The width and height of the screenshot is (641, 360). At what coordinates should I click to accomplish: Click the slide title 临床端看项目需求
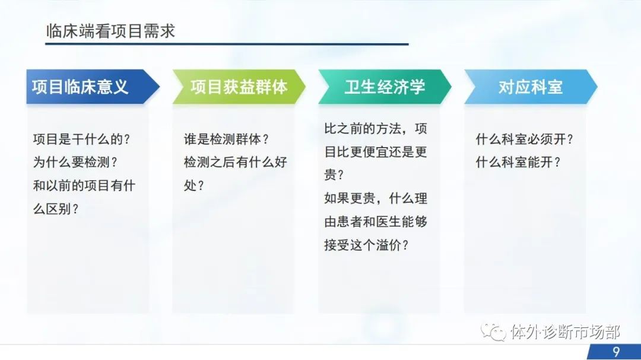[110, 31]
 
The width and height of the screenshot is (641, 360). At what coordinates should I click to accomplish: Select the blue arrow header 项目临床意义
[93, 87]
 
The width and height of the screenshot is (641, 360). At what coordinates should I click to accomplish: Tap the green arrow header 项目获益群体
[239, 87]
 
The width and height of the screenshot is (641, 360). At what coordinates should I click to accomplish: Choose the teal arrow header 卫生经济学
[385, 87]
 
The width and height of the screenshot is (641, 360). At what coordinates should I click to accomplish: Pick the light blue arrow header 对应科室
[531, 87]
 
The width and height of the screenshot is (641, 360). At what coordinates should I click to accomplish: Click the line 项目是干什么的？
[82, 139]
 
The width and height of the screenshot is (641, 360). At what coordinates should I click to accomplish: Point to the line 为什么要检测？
[75, 163]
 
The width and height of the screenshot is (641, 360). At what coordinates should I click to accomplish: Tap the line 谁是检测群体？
[227, 139]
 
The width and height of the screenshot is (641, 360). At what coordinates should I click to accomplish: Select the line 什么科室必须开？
[525, 139]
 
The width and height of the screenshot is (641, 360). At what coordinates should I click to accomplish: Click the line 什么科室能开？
[518, 163]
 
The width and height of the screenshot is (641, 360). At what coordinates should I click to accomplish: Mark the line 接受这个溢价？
[366, 245]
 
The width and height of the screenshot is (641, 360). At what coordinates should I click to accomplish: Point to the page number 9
[616, 352]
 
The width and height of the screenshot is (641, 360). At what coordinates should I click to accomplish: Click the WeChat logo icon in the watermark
[493, 332]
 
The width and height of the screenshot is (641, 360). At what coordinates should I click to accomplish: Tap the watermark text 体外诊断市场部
[566, 332]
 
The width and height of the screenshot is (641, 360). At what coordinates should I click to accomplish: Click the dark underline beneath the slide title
[227, 44]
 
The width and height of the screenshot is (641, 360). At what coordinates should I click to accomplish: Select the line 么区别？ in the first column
[56, 209]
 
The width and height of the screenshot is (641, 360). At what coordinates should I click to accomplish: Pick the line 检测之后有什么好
[236, 163]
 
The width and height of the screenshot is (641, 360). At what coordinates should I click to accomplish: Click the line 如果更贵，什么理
[376, 199]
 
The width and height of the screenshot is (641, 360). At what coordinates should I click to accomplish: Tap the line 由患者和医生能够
[376, 222]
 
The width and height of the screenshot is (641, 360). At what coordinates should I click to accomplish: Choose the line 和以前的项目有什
[84, 186]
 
